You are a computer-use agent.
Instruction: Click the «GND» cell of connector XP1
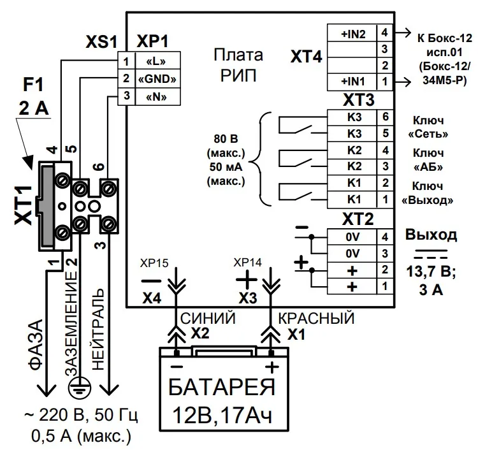(x=157, y=79)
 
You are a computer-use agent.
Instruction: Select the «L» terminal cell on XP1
(x=157, y=61)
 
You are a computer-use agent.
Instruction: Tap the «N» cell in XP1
(x=157, y=97)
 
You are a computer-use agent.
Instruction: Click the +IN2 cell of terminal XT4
(x=352, y=33)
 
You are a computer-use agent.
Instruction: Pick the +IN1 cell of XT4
(x=352, y=82)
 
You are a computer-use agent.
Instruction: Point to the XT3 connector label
(x=358, y=100)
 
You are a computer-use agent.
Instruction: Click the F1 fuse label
(x=33, y=85)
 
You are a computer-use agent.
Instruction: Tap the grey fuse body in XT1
(x=47, y=206)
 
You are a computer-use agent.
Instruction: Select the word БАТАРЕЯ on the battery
(x=222, y=387)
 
